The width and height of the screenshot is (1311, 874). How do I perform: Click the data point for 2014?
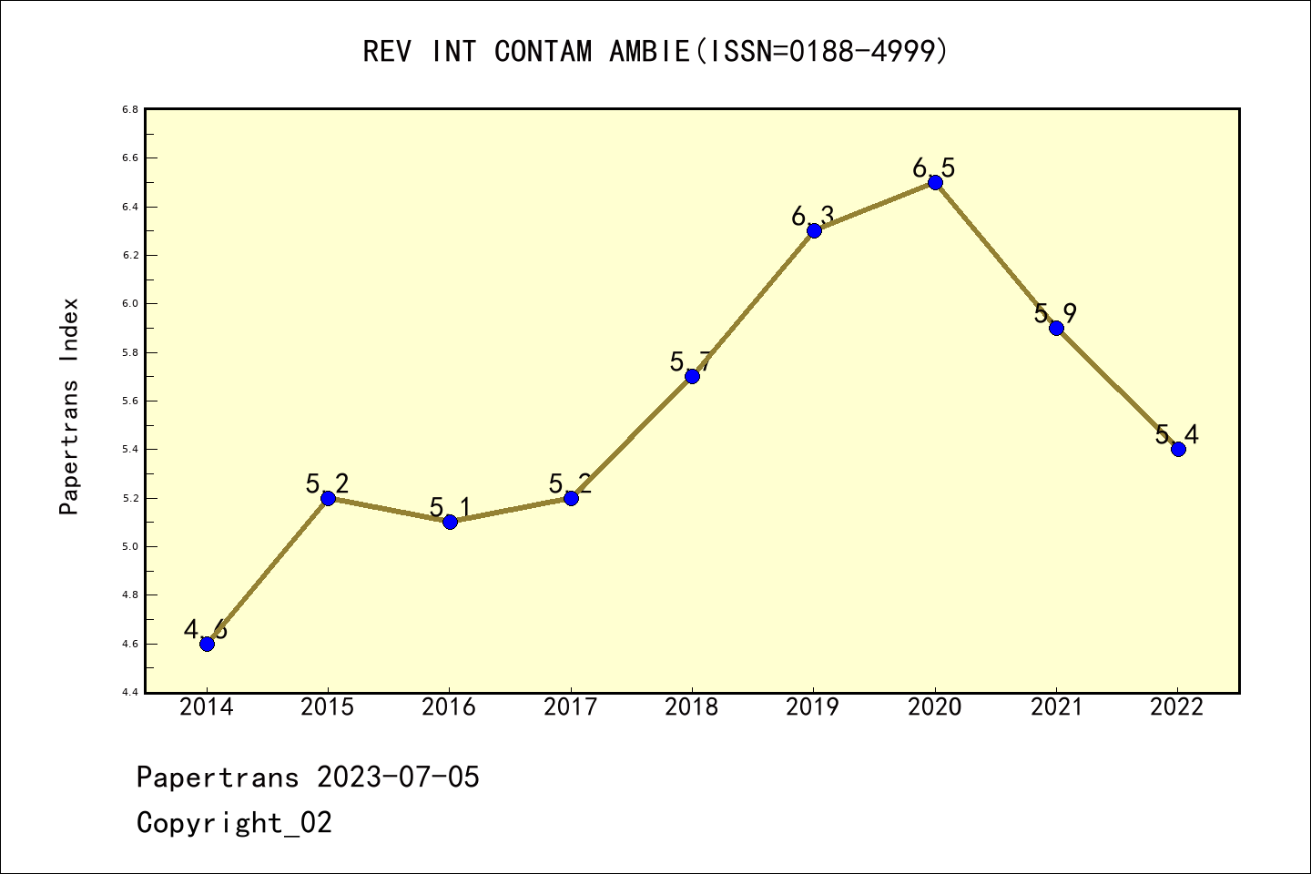click(207, 644)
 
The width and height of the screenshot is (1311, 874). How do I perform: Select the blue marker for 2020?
click(935, 182)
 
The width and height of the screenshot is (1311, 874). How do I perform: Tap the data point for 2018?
click(692, 376)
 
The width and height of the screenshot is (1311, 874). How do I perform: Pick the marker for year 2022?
click(1178, 449)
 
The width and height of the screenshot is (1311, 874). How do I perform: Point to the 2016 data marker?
click(450, 522)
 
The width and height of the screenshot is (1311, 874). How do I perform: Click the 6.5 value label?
click(934, 168)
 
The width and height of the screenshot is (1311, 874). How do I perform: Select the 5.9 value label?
click(1055, 313)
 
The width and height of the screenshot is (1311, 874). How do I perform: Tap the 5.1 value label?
click(450, 507)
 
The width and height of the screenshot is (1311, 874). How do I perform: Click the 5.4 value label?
click(1177, 434)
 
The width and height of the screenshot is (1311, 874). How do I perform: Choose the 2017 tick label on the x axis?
click(571, 706)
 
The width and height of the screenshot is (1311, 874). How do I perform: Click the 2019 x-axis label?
click(813, 706)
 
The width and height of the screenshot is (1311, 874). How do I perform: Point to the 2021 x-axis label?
click(1056, 706)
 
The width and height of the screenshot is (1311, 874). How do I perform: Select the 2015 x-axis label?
click(328, 706)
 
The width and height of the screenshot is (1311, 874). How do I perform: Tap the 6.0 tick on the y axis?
click(130, 304)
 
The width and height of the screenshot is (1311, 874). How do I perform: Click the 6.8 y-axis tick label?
click(130, 109)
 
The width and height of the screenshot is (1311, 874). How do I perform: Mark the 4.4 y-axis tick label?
click(130, 693)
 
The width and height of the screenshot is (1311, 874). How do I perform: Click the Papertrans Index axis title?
click(69, 406)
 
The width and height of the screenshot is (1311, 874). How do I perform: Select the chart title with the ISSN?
click(655, 51)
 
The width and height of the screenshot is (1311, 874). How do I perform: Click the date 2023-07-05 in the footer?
click(398, 777)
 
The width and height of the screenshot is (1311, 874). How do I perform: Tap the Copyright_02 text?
click(234, 823)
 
